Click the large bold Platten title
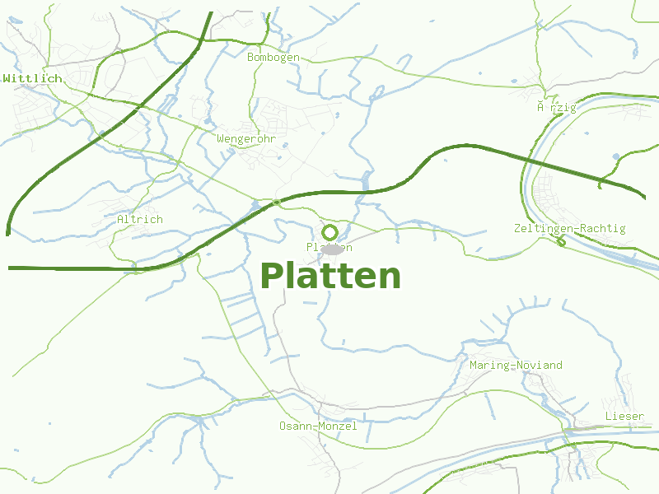pyautogui.click(x=330, y=276)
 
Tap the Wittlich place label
pyautogui.click(x=32, y=78)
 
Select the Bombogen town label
pyautogui.click(x=273, y=57)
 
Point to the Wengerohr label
pyautogui.click(x=246, y=138)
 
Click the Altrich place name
pyautogui.click(x=140, y=219)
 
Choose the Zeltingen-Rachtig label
pyautogui.click(x=569, y=228)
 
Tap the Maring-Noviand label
pyautogui.click(x=516, y=365)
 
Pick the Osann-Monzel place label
pyautogui.click(x=318, y=426)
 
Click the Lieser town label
pyautogui.click(x=624, y=416)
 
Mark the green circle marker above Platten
pyautogui.click(x=330, y=232)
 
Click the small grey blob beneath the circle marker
pyautogui.click(x=332, y=249)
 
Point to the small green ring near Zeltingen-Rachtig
pyautogui.click(x=562, y=241)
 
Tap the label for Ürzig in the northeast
pyautogui.click(x=552, y=107)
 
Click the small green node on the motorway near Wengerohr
pyautogui.click(x=277, y=202)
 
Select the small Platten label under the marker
pyautogui.click(x=329, y=247)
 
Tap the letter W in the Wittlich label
pyautogui.click(x=7, y=78)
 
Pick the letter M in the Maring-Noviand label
pyautogui.click(x=473, y=365)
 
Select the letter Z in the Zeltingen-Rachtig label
pyautogui.click(x=516, y=228)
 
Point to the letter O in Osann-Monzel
pyautogui.click(x=283, y=426)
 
